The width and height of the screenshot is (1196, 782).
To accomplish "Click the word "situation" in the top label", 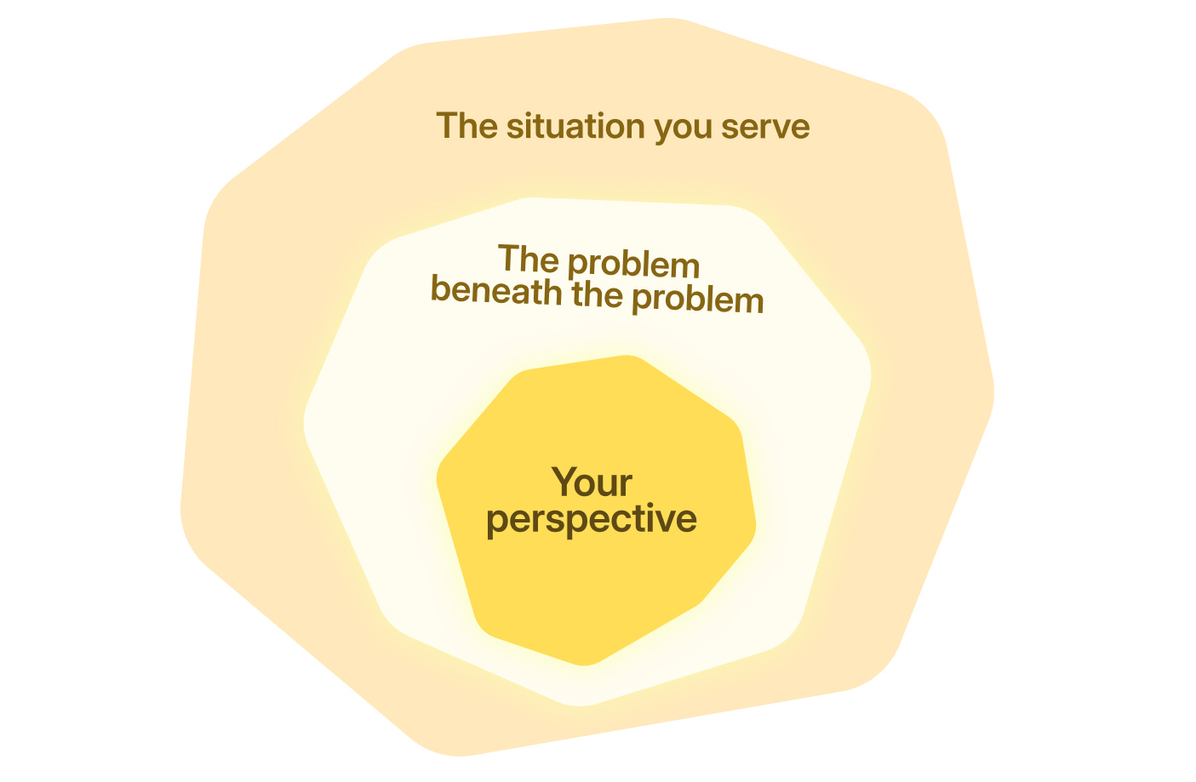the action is (575, 127).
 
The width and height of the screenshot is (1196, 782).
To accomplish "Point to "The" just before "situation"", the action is (466, 126).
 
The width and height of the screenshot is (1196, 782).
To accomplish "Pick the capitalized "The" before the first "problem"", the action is (527, 259).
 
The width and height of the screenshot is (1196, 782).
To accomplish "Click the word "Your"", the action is (592, 482).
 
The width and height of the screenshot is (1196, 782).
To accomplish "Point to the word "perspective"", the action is (592, 519).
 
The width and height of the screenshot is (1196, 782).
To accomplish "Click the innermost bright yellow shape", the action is (596, 587).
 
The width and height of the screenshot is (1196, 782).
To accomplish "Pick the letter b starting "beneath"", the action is (440, 288).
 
